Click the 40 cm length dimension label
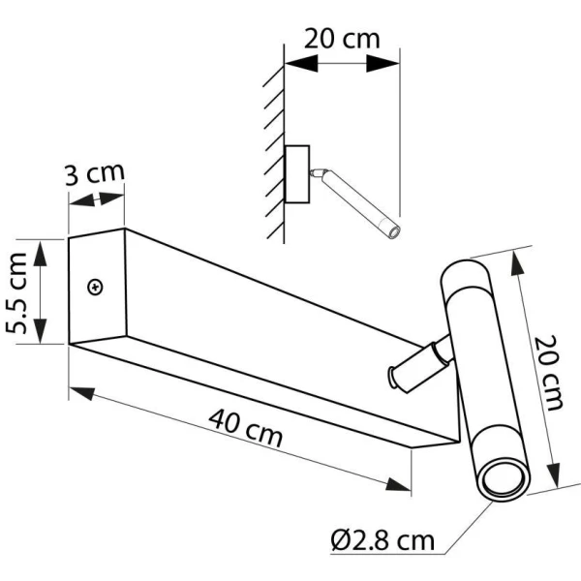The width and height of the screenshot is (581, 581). pyautogui.click(x=245, y=428)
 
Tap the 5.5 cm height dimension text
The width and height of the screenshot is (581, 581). pyautogui.click(x=16, y=292)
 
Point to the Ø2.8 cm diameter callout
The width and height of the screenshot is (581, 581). pyautogui.click(x=382, y=540)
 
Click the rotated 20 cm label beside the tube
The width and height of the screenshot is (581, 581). pyautogui.click(x=549, y=373)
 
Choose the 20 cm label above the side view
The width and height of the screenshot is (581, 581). pyautogui.click(x=342, y=39)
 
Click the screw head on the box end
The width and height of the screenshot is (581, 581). pyautogui.click(x=95, y=288)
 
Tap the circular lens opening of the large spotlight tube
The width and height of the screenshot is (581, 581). pyautogui.click(x=504, y=480)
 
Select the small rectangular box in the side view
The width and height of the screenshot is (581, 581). pyautogui.click(x=297, y=174)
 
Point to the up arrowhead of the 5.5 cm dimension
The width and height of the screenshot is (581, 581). pyautogui.click(x=40, y=254)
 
